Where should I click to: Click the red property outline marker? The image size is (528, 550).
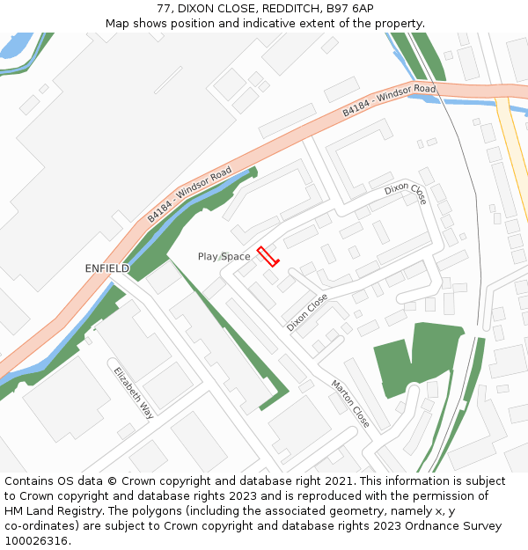coord(268,256)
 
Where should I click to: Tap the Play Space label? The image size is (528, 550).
coord(224,257)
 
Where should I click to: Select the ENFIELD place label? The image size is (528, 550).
coord(106,268)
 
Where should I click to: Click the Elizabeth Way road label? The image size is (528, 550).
coord(133,392)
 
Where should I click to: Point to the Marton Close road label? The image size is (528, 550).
coord(350,404)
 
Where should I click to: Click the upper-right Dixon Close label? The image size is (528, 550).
coord(406,194)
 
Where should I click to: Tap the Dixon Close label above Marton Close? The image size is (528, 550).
coord(306,312)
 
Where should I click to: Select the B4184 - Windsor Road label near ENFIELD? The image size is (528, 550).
coord(189,193)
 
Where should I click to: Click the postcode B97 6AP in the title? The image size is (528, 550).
coord(351,9)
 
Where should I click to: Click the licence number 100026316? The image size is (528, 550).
coord(36,541)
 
